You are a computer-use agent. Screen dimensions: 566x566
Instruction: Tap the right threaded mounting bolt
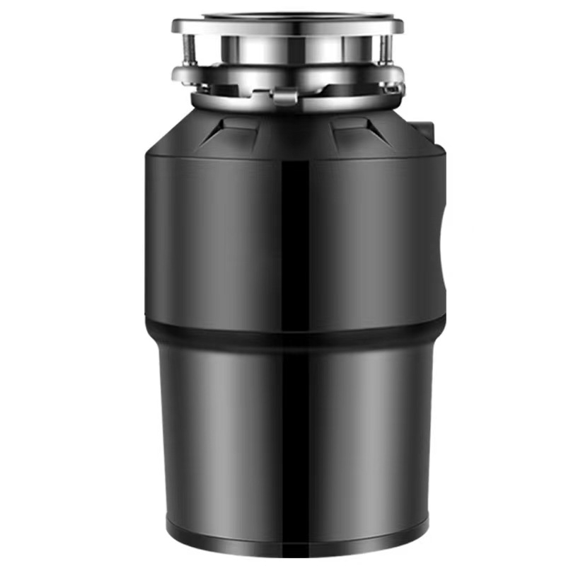383,50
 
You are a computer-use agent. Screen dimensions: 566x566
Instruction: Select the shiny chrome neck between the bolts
287,50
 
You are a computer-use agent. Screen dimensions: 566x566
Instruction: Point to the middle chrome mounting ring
287,73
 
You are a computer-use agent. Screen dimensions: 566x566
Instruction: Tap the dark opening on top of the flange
287,16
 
